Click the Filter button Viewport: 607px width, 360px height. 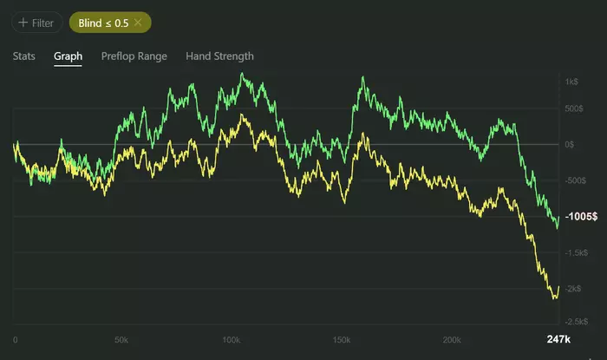pos(35,22)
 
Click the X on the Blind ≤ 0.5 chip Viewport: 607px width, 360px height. pos(137,22)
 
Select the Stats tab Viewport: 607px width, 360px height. pos(24,56)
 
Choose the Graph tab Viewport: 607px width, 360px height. pos(68,56)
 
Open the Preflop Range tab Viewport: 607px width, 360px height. pos(134,56)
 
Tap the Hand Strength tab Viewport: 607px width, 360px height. pos(219,56)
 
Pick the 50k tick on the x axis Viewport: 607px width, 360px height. pos(121,338)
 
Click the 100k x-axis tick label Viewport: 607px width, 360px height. pos(231,338)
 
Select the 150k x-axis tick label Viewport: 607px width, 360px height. pos(341,338)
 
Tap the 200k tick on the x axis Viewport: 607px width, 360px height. pos(450,338)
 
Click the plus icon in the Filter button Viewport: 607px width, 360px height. pos(23,22)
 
